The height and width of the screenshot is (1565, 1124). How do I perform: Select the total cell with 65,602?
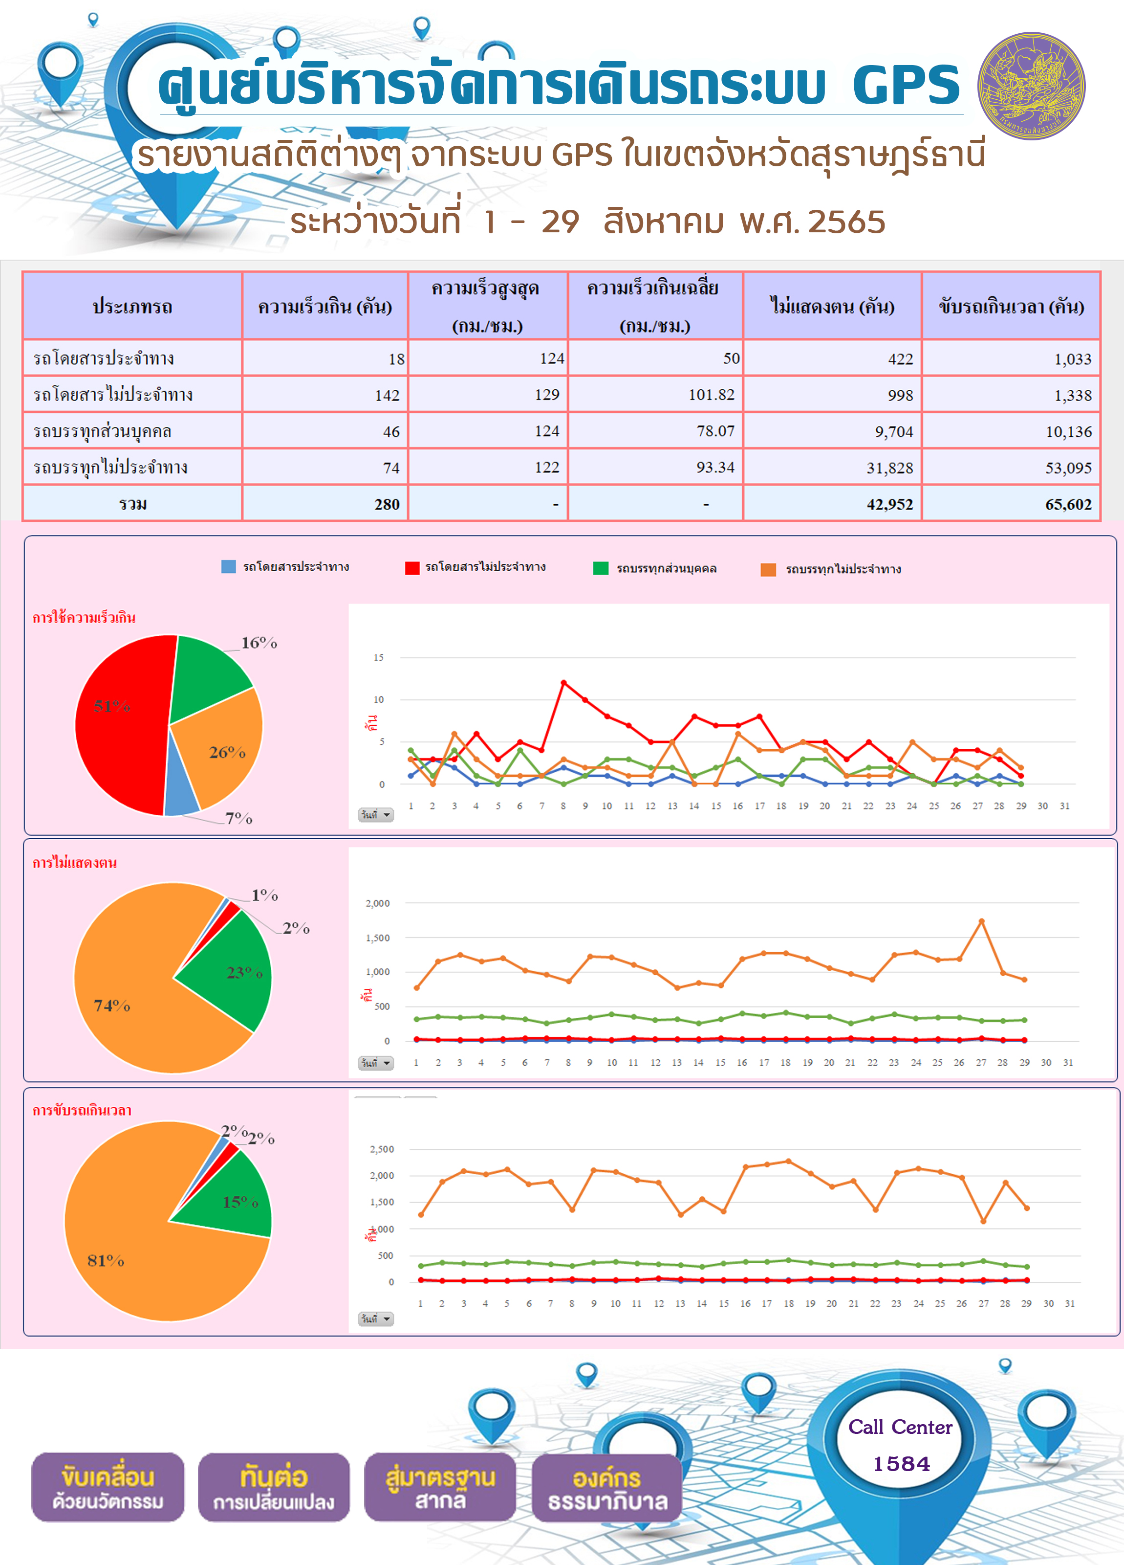pos(1011,504)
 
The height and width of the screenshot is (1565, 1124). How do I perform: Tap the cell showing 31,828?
pos(832,468)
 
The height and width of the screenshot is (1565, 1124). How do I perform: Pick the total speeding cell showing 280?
pos(325,504)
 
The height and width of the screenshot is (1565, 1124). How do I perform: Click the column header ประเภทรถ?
pos(132,306)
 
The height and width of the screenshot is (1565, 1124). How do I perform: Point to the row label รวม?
pos(132,504)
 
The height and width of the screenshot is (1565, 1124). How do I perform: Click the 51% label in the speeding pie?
pos(112,705)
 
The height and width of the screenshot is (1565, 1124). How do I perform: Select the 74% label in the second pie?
pos(112,1006)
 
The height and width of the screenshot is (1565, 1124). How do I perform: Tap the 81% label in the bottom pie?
pos(106,1261)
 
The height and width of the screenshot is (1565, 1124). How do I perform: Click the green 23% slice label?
pos(245,972)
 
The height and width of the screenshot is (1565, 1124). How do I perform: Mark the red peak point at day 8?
pos(563,682)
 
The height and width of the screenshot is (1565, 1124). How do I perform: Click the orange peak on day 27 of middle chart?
pos(981,921)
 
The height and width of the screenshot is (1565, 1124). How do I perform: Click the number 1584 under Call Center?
pos(901,1464)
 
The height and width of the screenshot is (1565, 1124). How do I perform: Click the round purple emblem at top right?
pos(1032,86)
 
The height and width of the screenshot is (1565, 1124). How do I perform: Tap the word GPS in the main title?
pos(906,85)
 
